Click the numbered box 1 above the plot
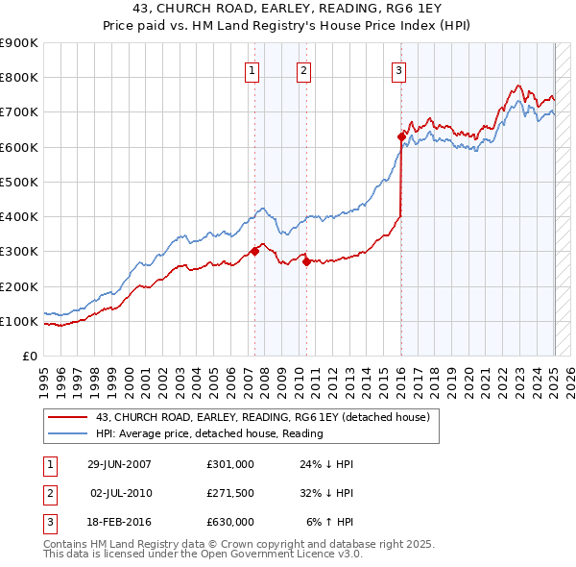(252, 69)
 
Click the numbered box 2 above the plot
(302, 69)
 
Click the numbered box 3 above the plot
(397, 69)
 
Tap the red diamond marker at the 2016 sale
(401, 136)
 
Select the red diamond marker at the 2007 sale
(254, 252)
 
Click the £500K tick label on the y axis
(18, 182)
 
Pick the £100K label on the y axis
(18, 321)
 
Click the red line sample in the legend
(67, 417)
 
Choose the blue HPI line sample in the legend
(67, 433)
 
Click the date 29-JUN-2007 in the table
(119, 464)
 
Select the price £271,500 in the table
(230, 493)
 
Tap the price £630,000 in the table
(230, 522)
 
